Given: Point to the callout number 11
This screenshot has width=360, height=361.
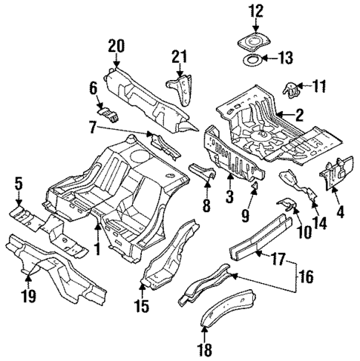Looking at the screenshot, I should [318, 87].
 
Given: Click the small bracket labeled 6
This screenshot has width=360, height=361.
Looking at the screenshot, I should [111, 113].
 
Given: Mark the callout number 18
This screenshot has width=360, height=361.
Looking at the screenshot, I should [205, 349].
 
